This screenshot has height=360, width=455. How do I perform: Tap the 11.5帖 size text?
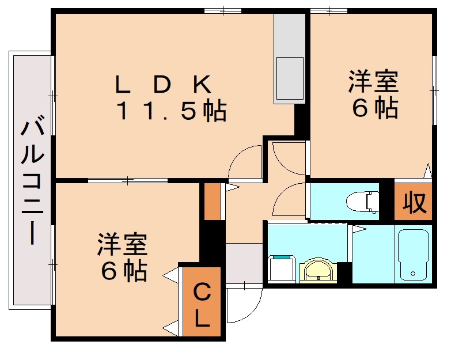click(171, 111)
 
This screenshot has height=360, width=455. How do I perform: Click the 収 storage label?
click(414, 203)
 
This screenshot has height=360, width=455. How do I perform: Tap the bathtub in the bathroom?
click(412, 253)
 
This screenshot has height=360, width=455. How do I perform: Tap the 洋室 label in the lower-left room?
click(122, 245)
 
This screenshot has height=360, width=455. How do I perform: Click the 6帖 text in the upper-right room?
click(375, 108)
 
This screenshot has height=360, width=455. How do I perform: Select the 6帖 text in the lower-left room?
click(123, 270)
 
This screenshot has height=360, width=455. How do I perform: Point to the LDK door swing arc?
click(246, 162)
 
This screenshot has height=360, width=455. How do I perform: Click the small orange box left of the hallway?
click(212, 201)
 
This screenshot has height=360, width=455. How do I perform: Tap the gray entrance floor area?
click(244, 263)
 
